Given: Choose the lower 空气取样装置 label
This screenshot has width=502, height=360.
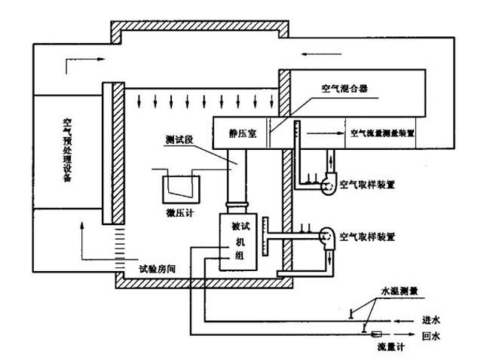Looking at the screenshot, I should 367,236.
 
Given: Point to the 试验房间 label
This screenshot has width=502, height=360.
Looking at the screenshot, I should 159,268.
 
